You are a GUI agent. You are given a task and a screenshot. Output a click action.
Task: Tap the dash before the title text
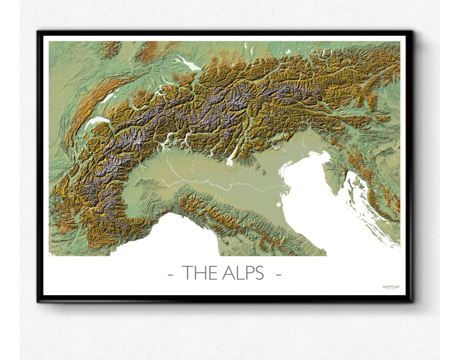(171, 274)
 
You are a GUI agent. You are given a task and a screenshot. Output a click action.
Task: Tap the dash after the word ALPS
(278, 274)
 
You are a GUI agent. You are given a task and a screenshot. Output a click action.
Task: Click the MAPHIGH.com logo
(391, 287)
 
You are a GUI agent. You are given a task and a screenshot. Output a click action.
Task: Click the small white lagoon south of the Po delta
(279, 205)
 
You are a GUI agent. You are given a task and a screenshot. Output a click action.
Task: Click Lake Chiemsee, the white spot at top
(288, 52)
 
